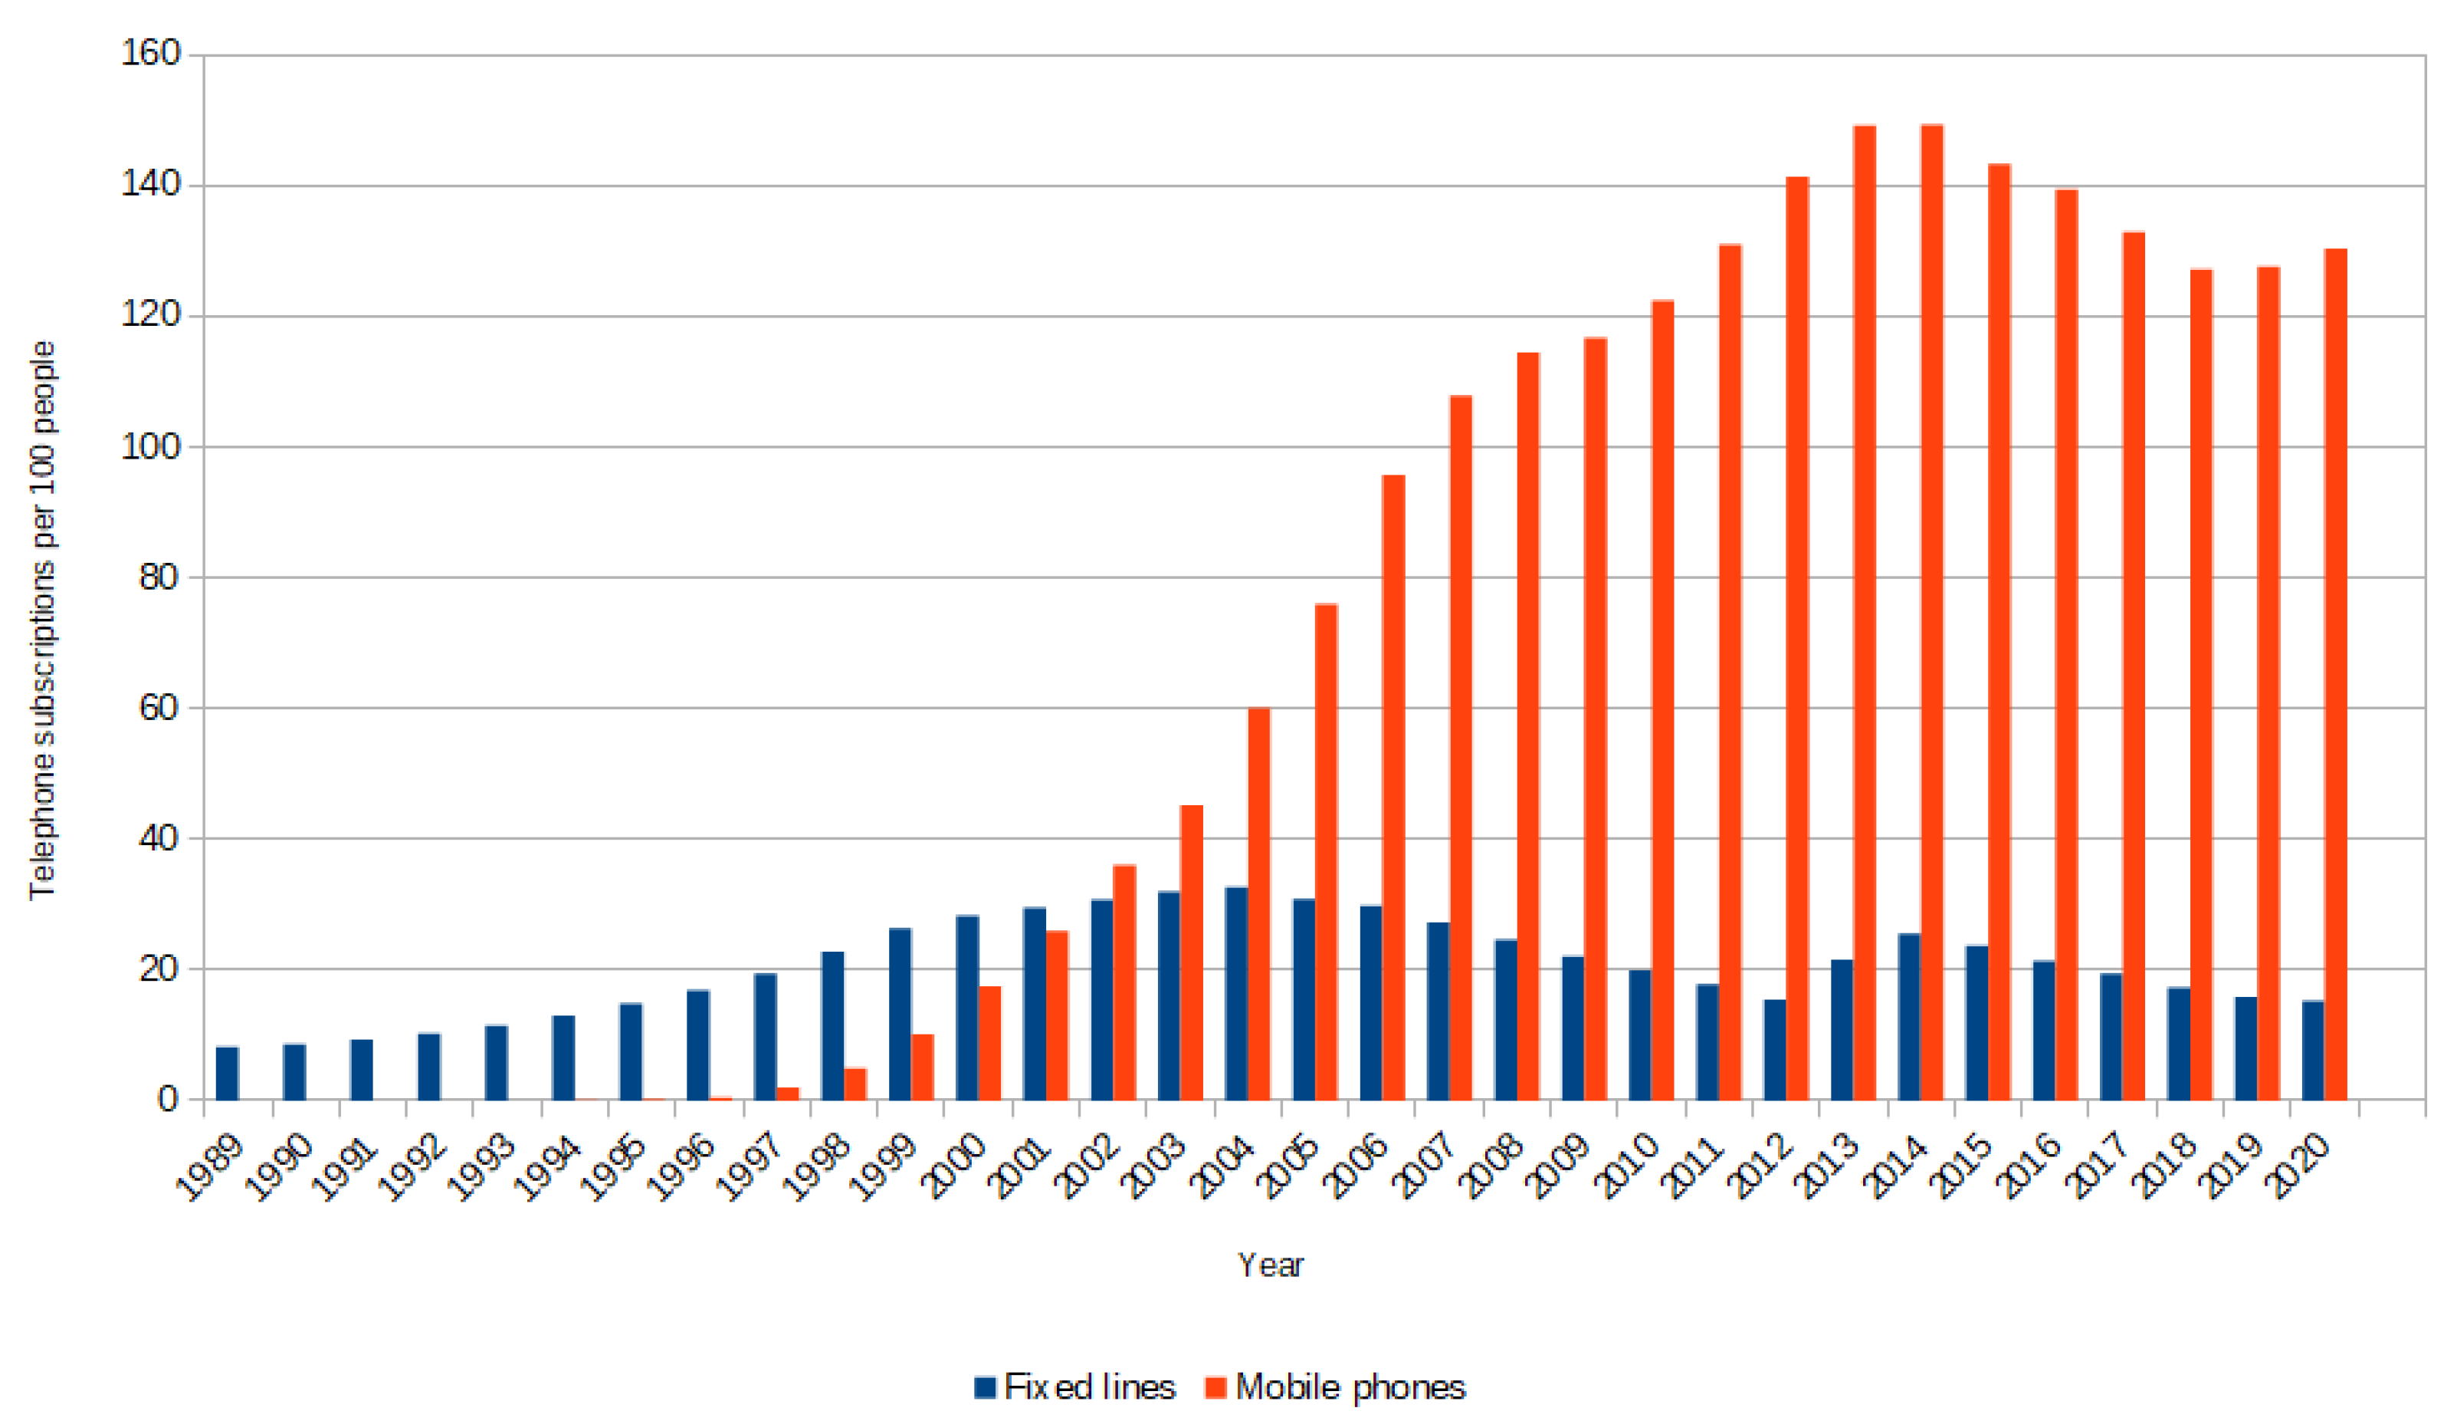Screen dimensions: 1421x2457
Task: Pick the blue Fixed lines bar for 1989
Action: tap(227, 1073)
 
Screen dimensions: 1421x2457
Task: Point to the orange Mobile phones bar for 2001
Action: tap(1057, 1015)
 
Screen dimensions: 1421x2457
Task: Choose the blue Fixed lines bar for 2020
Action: tap(2313, 1051)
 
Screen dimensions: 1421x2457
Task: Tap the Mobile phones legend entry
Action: tap(1336, 1386)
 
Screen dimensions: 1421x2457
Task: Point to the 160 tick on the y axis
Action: tap(151, 54)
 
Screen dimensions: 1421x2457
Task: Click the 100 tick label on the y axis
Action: tap(151, 446)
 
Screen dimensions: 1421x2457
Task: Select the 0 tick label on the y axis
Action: tap(167, 1099)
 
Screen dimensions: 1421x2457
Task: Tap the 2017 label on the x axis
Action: tap(2098, 1166)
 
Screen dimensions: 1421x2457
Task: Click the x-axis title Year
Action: tap(1269, 1265)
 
